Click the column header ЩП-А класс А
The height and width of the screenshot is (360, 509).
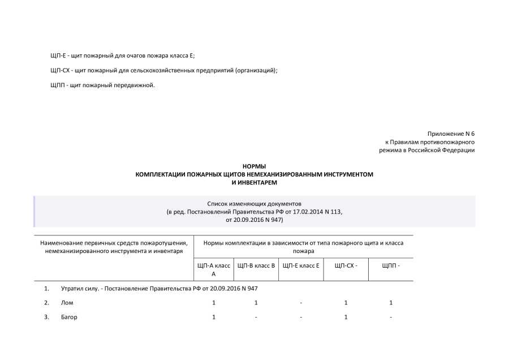pos(213,269)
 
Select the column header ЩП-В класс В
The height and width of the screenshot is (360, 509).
pos(256,265)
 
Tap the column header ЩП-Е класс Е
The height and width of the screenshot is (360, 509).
pos(301,265)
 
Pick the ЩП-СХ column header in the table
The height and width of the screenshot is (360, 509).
pos(346,265)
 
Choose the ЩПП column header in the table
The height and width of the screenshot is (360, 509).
pos(391,265)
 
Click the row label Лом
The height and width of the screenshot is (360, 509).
pos(67,303)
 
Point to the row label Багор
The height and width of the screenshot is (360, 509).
pos(69,317)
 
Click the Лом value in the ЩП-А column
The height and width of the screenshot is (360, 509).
pos(214,303)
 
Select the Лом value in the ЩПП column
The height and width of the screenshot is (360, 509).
pos(391,303)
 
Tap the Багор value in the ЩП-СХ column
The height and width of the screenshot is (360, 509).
pos(346,317)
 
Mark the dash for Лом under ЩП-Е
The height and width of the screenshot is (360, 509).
pos(301,303)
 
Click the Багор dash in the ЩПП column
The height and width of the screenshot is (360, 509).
pos(391,317)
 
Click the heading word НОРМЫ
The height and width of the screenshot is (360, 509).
pos(254,166)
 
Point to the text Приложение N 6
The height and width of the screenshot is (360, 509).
pos(451,134)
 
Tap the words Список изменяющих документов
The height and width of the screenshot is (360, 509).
pos(255,203)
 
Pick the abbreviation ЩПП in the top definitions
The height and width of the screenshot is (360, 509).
pos(57,85)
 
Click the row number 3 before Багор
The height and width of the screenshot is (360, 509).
pos(46,317)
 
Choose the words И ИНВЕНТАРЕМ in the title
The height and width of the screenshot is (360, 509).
pos(255,182)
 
